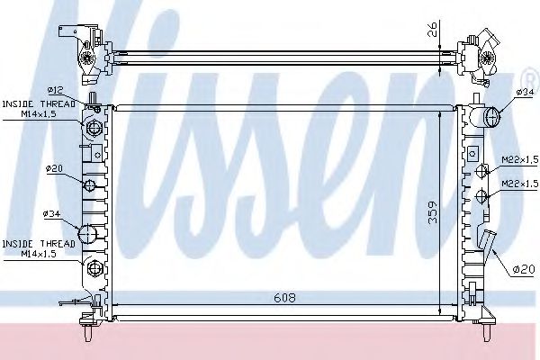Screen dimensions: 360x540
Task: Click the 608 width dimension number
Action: point(284,298)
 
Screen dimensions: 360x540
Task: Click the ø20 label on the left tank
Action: point(54,168)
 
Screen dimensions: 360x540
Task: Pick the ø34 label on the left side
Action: point(51,212)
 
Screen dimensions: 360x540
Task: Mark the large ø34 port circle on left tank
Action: point(89,234)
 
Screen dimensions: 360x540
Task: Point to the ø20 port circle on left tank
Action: point(90,185)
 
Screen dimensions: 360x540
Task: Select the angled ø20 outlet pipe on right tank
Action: point(485,243)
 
